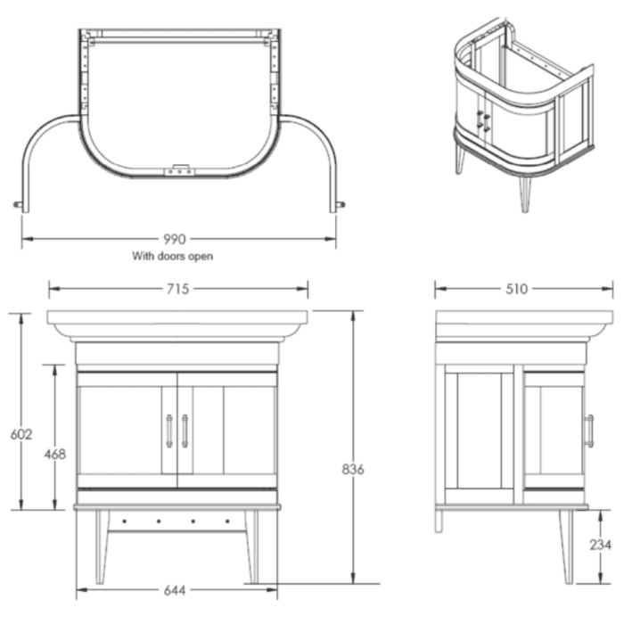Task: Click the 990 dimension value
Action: coord(175,239)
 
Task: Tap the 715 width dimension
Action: coord(178,289)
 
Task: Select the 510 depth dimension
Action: coord(516,289)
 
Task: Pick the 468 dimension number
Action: coord(55,454)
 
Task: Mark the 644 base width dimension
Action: coord(177,590)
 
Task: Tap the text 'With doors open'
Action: coord(173,256)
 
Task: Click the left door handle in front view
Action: coord(168,431)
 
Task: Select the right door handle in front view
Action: coord(185,431)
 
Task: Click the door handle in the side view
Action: coord(588,431)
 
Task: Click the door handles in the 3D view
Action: coord(484,121)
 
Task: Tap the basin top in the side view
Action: coord(524,323)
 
